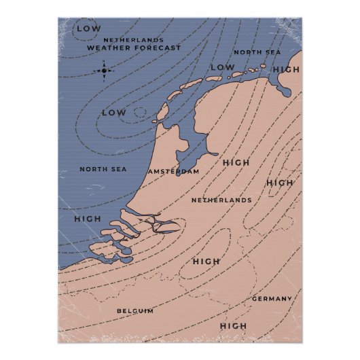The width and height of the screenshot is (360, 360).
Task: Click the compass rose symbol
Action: pyautogui.click(x=104, y=69)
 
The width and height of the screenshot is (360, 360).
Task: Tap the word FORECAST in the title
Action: pyautogui.click(x=159, y=49)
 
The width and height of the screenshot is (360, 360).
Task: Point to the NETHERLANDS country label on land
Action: pyautogui.click(x=221, y=200)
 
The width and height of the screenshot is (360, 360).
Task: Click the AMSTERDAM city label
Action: pyautogui.click(x=174, y=172)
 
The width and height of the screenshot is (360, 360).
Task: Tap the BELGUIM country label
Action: pyautogui.click(x=134, y=310)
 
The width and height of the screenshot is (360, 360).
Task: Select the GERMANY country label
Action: pyautogui.click(x=272, y=299)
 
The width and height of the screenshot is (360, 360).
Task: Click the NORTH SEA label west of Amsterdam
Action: pyautogui.click(x=103, y=169)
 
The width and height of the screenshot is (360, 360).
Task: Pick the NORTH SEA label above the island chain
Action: pyautogui.click(x=256, y=52)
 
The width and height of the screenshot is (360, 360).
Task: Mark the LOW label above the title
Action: pyautogui.click(x=88, y=29)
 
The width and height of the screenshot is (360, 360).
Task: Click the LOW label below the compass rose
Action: pyautogui.click(x=113, y=112)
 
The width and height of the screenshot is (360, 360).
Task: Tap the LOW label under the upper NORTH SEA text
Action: pyautogui.click(x=222, y=67)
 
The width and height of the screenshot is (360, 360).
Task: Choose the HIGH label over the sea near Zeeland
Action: pyautogui.click(x=87, y=219)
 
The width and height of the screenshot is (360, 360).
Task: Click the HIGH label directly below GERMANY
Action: pyautogui.click(x=233, y=327)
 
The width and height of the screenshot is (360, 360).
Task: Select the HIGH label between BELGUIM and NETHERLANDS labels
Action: pyautogui.click(x=206, y=262)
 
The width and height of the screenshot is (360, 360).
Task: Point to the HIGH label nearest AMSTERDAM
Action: pyautogui.click(x=236, y=163)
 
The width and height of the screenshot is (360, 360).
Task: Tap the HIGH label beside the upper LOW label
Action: pyautogui.click(x=286, y=70)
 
